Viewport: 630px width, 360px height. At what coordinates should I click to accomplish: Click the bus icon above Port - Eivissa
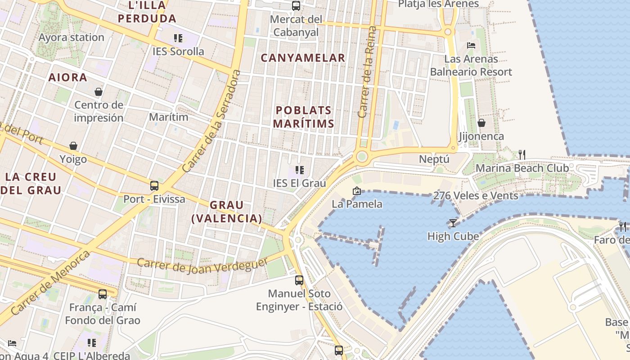(154, 185)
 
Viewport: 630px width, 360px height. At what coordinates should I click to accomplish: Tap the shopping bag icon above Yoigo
(73, 146)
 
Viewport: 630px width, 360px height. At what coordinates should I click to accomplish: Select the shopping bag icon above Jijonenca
(481, 123)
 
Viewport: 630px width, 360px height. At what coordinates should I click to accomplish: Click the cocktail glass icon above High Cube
(453, 223)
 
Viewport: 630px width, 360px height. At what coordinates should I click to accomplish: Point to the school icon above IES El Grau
(300, 170)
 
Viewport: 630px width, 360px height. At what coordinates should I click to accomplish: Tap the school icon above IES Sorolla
(178, 38)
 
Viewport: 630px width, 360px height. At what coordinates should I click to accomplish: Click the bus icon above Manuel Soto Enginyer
(299, 280)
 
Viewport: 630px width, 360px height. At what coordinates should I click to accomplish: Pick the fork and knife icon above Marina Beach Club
(522, 155)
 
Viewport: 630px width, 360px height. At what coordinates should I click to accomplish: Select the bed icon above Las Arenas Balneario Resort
(471, 45)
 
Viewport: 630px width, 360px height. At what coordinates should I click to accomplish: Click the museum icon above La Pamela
(356, 191)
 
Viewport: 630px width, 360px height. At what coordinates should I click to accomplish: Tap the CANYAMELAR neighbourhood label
(303, 58)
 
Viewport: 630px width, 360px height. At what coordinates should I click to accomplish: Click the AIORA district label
(67, 77)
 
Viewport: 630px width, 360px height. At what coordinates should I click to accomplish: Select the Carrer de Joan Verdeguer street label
(202, 265)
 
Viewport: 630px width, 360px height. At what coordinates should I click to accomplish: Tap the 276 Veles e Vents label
(475, 196)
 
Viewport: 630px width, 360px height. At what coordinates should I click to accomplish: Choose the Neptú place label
(434, 159)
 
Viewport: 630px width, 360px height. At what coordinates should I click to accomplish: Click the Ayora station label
(72, 37)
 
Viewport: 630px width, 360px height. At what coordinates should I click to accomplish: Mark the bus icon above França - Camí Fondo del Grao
(103, 294)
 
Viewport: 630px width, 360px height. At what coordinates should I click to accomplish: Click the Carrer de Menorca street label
(50, 283)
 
